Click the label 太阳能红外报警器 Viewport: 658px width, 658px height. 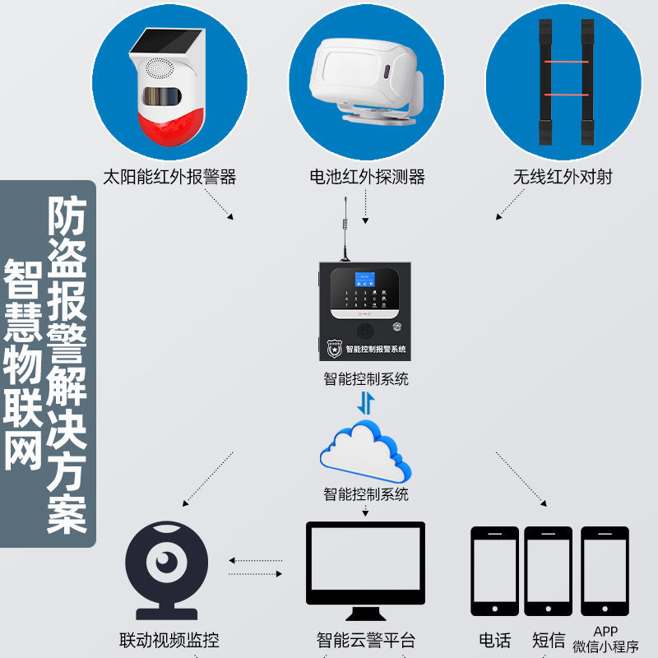pos(169,177)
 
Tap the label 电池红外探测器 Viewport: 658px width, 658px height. pos(367,177)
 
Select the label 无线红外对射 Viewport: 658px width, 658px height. pos(563,177)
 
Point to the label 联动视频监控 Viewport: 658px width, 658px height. pos(169,640)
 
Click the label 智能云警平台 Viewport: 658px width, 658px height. pos(366,640)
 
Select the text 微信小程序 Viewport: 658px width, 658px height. pos(605,647)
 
